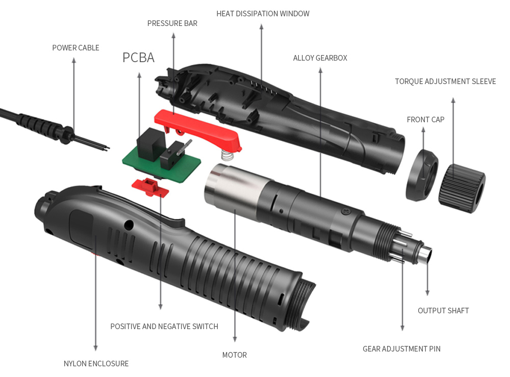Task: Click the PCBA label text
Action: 138,58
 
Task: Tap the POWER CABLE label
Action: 76,48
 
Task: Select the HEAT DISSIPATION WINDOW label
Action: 263,14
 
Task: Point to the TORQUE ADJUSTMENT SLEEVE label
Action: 445,81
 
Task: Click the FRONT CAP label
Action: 425,120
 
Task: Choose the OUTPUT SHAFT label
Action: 443,311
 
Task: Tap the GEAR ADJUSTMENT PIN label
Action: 401,348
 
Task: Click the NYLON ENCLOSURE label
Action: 96,363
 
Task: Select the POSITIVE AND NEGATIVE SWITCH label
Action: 164,326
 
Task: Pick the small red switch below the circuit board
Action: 150,187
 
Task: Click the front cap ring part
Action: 422,175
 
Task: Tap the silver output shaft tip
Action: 426,254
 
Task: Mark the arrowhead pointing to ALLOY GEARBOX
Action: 320,70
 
